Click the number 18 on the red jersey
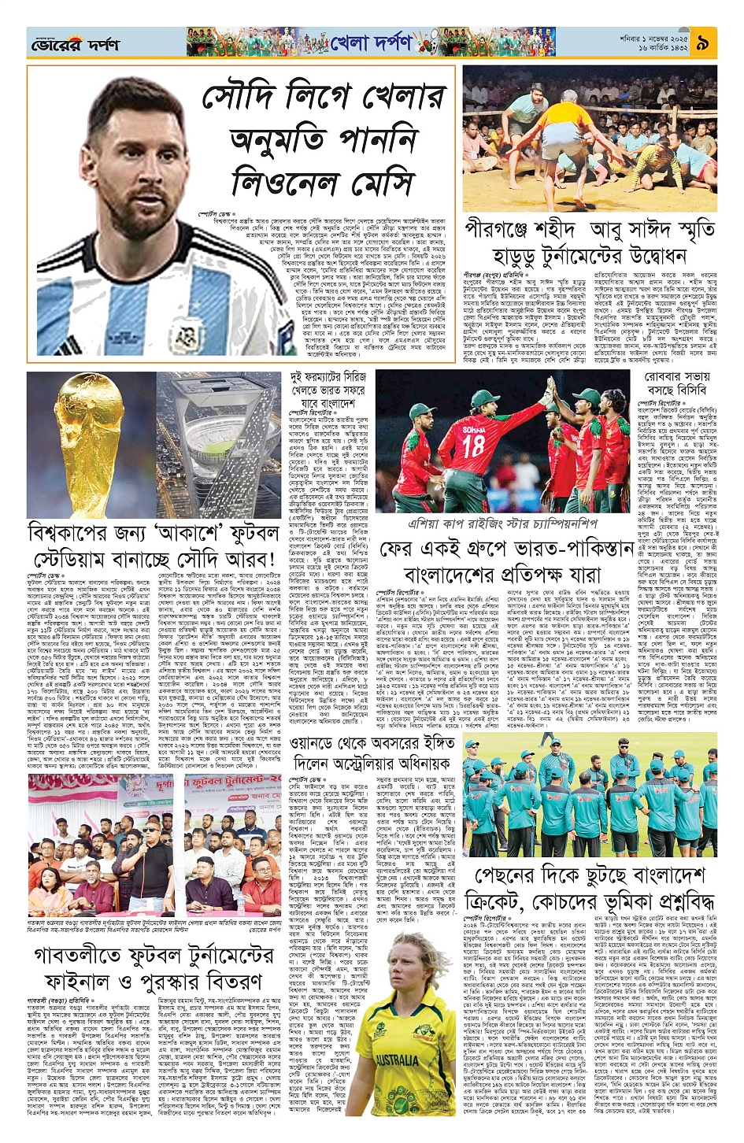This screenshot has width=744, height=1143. pos(474,446)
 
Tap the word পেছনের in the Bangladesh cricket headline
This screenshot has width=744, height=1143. pos(518,875)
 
